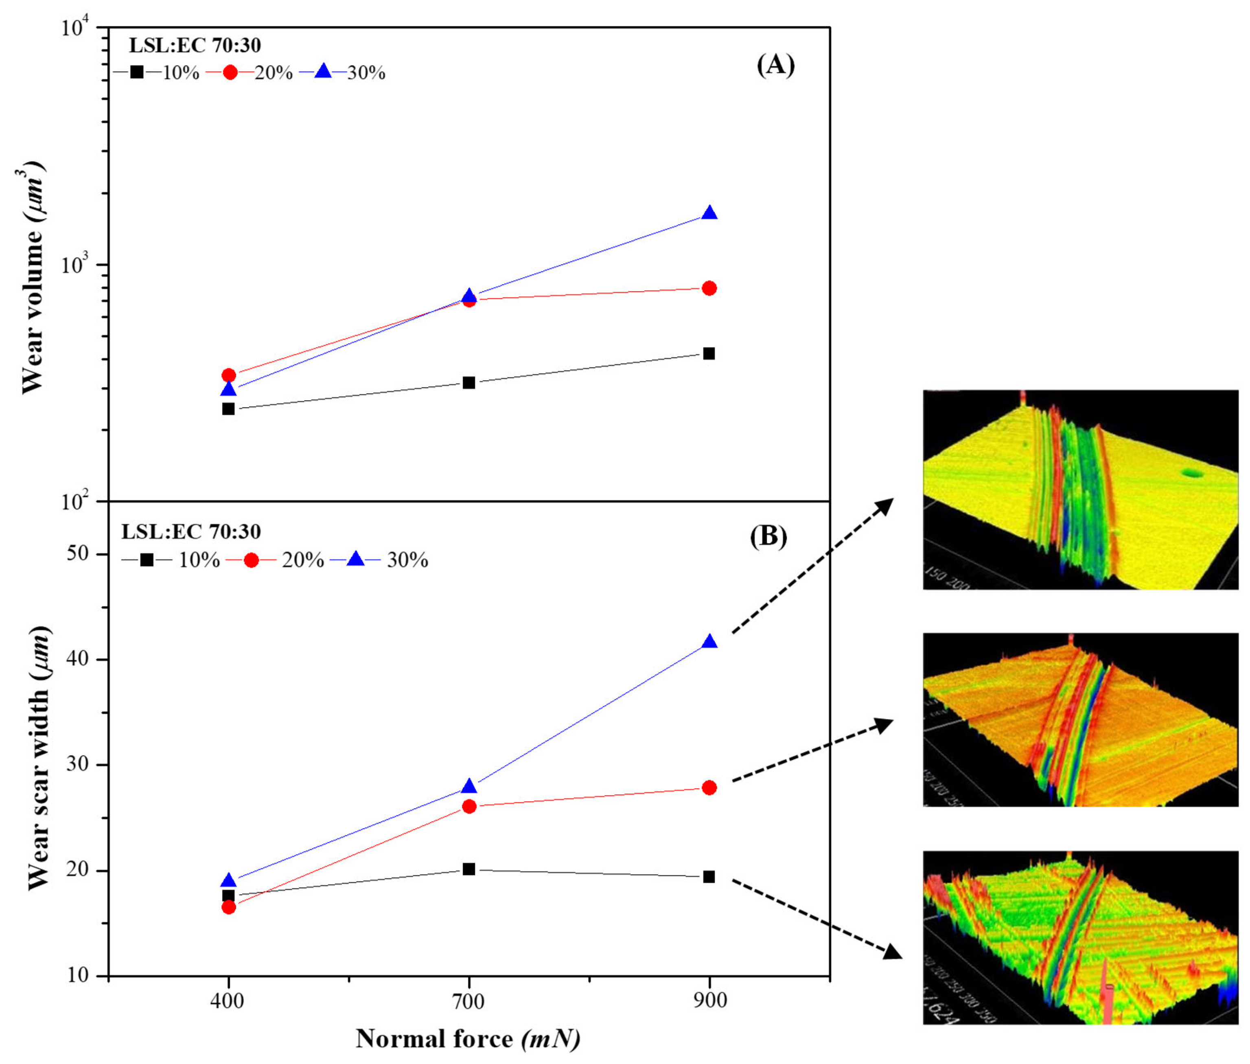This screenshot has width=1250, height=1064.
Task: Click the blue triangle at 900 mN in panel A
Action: pos(710,213)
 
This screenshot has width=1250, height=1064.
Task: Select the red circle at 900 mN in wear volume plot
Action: pos(710,288)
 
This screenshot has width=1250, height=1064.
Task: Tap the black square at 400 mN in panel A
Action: pos(228,409)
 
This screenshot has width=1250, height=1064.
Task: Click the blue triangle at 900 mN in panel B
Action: pos(710,642)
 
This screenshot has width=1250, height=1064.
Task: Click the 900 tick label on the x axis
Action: pos(710,1000)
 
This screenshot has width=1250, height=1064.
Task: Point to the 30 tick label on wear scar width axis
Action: pos(77,764)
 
